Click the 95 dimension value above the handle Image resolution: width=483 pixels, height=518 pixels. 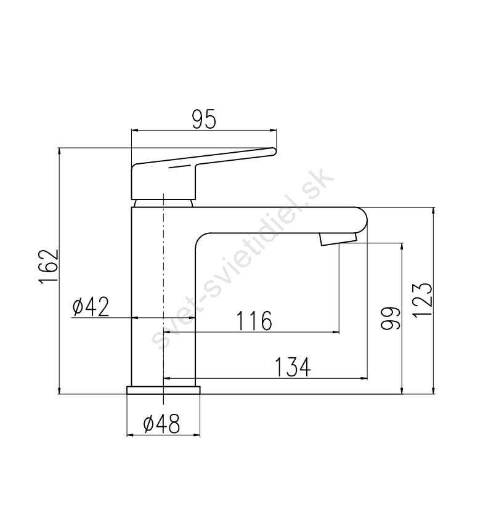tap(203, 119)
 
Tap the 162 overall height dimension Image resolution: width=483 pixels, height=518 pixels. tap(49, 266)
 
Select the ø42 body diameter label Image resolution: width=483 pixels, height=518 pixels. tap(91, 307)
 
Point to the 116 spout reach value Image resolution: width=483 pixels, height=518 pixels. tap(254, 320)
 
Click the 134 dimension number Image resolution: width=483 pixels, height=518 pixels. tap(293, 366)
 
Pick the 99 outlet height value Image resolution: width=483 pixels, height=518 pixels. tap(390, 318)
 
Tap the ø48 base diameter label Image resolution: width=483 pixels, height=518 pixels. tap(161, 424)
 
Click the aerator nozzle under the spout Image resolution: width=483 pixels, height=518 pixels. tap(338, 239)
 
